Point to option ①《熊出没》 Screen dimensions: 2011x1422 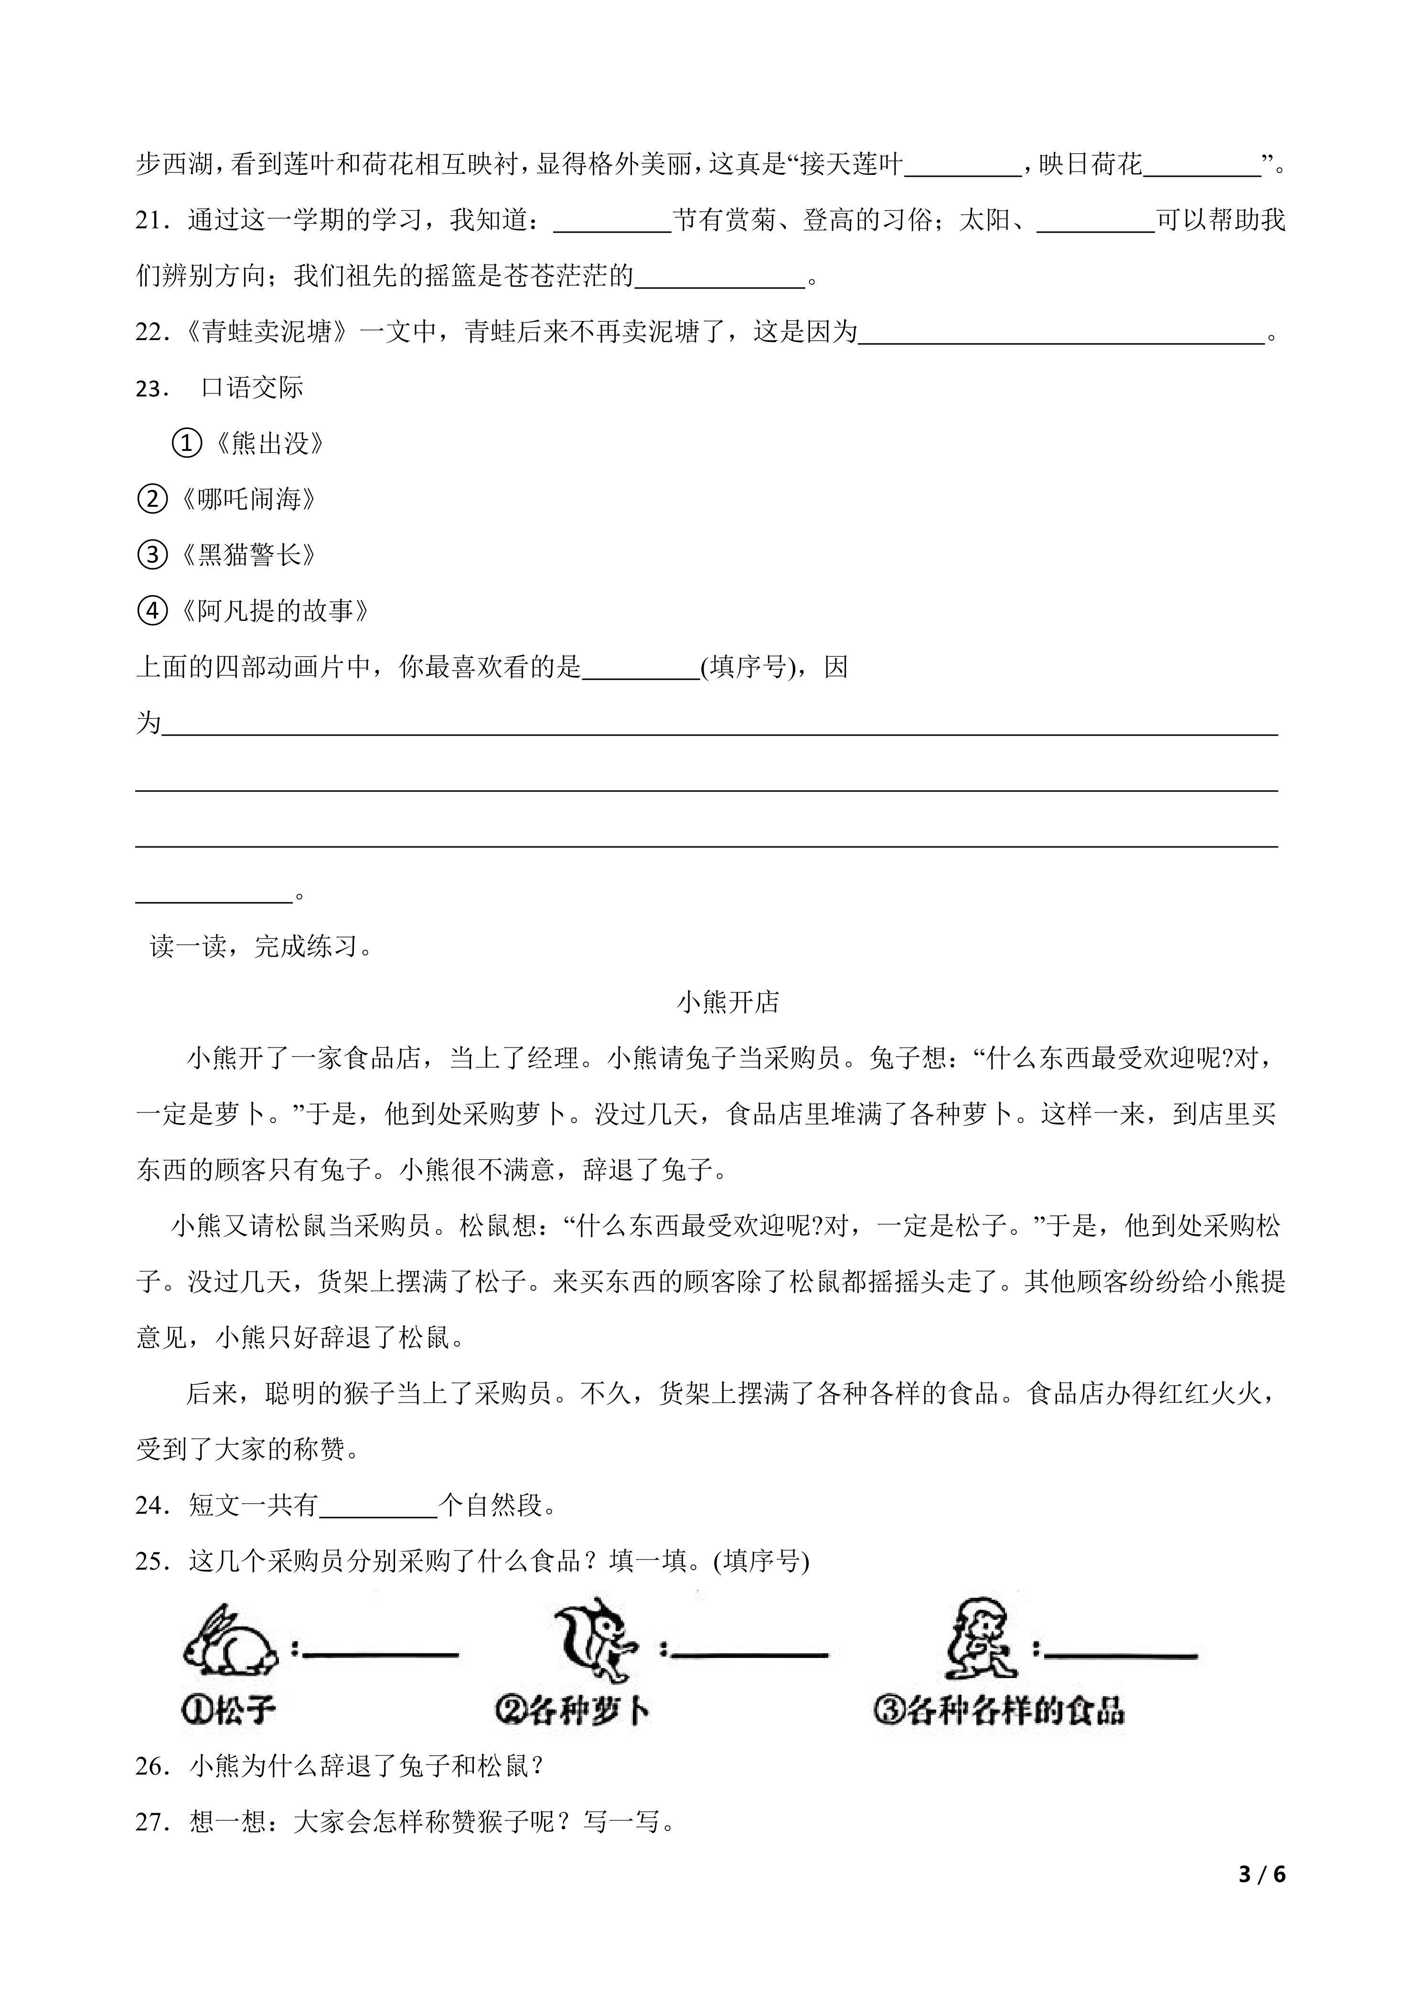pyautogui.click(x=249, y=444)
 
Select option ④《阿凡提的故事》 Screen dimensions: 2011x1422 pyautogui.click(x=255, y=610)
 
